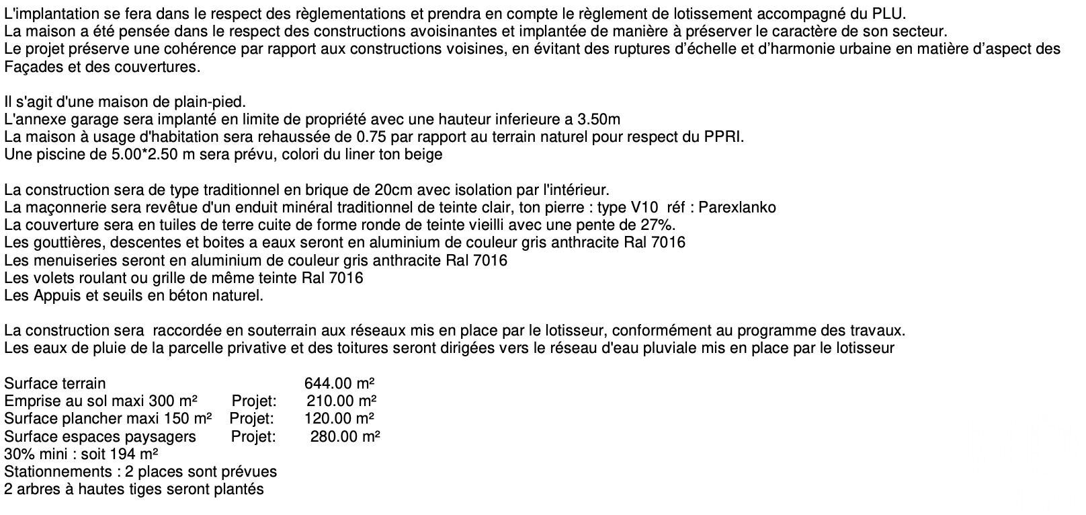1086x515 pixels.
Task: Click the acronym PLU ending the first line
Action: point(892,14)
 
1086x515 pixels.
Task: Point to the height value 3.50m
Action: point(599,120)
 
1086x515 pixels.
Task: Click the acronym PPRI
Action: point(725,137)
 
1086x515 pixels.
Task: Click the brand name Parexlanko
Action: point(737,207)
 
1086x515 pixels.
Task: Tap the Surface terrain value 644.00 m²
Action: point(339,383)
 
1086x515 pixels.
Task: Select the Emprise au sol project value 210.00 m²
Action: point(341,401)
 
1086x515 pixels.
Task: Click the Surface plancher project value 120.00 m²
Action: point(340,419)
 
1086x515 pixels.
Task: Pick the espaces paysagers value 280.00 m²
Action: point(345,436)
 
